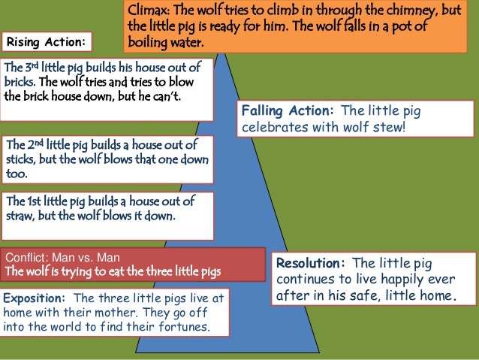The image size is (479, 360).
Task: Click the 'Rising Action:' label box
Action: tap(47, 40)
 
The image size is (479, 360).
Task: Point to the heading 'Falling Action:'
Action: tap(287, 111)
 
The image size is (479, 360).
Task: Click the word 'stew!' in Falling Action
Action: tap(389, 127)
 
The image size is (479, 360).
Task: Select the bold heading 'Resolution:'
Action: tap(310, 263)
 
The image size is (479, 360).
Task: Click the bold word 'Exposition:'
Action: tap(35, 298)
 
